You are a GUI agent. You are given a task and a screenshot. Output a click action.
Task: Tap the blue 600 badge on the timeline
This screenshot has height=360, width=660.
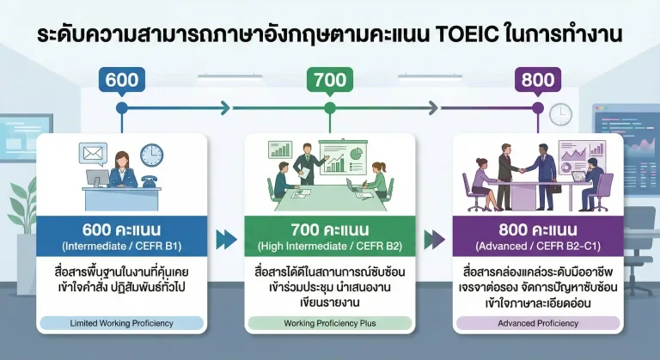[121, 80]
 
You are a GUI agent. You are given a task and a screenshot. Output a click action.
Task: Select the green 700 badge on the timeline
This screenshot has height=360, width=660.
[329, 80]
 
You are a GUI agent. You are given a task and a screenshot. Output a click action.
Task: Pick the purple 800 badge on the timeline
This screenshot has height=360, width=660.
[538, 80]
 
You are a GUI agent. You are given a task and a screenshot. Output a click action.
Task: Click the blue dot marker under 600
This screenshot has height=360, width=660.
[121, 108]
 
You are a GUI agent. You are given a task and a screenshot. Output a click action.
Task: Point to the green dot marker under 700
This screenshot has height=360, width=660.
[329, 108]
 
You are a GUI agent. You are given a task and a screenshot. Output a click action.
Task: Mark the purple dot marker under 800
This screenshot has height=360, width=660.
[538, 108]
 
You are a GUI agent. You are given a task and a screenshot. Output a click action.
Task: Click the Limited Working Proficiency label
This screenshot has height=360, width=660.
[120, 323]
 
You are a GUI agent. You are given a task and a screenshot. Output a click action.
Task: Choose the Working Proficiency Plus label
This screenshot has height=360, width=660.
[329, 323]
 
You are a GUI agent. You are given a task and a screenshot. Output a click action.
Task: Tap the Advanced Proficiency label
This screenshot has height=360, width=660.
[538, 323]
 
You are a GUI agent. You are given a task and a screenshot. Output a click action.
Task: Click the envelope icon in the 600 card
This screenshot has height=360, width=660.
[92, 155]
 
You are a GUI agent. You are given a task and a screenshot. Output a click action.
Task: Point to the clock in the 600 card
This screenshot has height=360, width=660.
[151, 155]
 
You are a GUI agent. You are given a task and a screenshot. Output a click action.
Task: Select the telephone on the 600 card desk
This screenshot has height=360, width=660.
[148, 182]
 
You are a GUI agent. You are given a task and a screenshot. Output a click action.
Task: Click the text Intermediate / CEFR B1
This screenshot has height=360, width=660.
[120, 247]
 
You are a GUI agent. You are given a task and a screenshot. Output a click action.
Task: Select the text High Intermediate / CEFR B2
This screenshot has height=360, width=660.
[329, 247]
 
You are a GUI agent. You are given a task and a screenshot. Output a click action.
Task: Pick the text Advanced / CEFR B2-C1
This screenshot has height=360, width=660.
[538, 247]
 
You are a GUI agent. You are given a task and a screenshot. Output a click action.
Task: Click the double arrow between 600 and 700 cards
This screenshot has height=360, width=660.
[226, 238]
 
